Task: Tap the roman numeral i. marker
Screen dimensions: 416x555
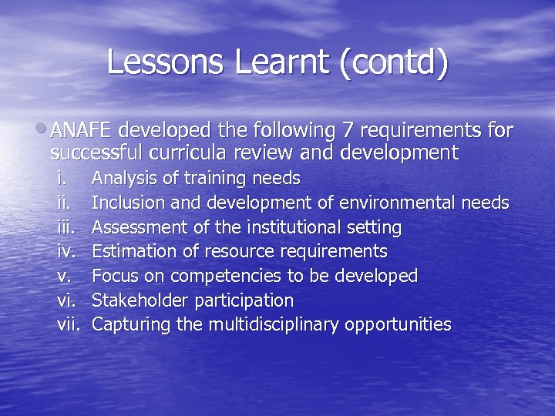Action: click(x=62, y=179)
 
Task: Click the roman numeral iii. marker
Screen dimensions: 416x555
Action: click(x=65, y=227)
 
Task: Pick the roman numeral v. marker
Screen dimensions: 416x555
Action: click(x=64, y=276)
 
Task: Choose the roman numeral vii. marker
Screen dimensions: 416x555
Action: click(x=69, y=324)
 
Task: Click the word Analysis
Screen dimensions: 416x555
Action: click(x=122, y=179)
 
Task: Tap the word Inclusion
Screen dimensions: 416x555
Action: click(x=126, y=203)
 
